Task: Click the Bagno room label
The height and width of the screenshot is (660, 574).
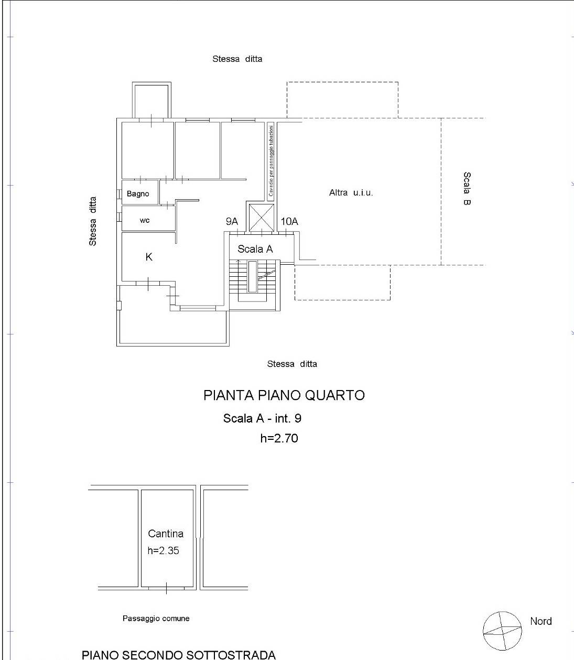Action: coord(138,194)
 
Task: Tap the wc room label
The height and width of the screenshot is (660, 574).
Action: coord(145,221)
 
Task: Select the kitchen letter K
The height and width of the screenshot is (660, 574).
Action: coord(149,257)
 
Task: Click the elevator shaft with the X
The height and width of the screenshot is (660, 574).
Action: coord(262,218)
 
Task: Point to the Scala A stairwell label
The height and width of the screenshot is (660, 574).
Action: coord(255,249)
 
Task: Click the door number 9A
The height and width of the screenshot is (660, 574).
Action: coord(232,221)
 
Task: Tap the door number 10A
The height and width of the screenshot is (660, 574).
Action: coord(289,221)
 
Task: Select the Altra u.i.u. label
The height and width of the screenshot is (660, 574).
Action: coord(351,193)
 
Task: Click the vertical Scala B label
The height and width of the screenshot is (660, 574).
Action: coord(467,188)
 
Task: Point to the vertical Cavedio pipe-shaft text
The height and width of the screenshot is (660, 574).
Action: coord(271,160)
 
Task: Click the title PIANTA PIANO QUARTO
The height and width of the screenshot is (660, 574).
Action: coord(284,395)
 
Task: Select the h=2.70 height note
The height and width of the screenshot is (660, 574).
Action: coord(279,438)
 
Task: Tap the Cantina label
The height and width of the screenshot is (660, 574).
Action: coord(166,534)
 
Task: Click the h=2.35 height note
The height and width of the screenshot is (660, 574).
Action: coord(163,550)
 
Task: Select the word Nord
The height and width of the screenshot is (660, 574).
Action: coord(541,621)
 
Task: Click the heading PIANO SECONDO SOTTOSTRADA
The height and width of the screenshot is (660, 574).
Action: coord(179,655)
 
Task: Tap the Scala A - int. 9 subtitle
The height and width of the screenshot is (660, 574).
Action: coord(262,418)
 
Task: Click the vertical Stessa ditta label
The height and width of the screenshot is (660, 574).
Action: coord(93,221)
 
